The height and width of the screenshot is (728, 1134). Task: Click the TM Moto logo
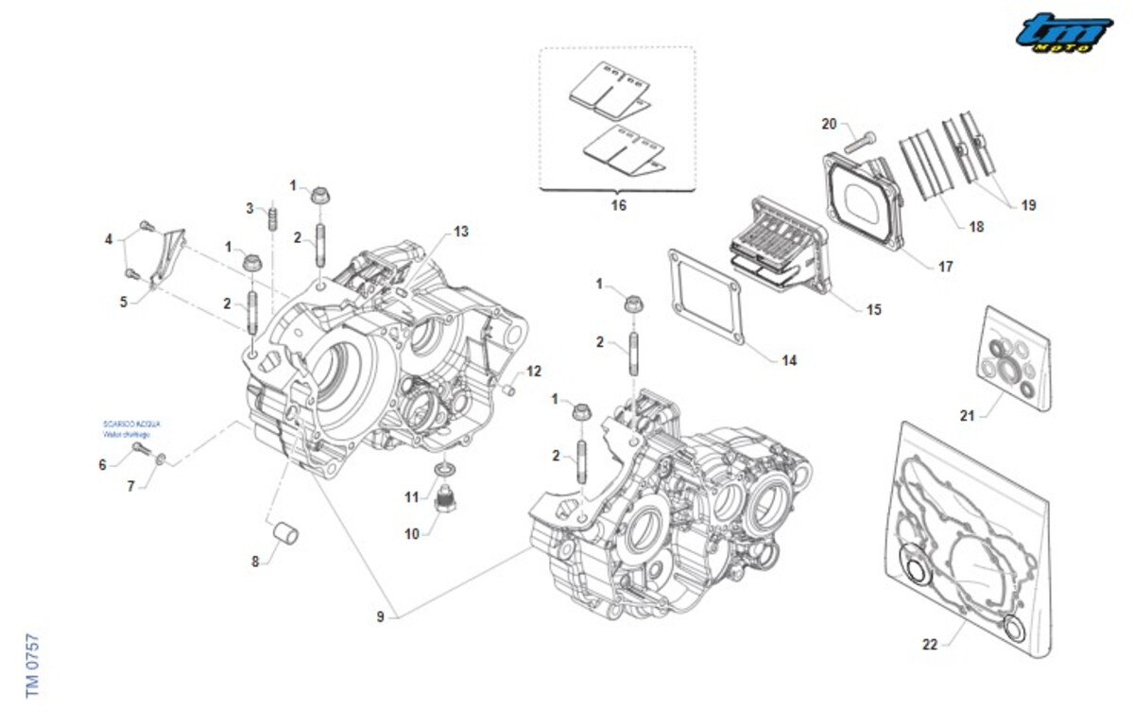1064,33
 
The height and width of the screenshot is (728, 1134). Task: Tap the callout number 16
618,204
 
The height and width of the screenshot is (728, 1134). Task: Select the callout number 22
930,645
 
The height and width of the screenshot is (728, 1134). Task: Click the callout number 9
380,617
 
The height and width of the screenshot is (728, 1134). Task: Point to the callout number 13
460,231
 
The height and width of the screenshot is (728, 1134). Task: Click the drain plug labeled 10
440,497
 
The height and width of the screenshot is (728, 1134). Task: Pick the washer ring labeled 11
443,470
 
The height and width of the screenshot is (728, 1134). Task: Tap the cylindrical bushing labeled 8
283,532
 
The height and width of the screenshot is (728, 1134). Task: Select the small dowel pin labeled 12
508,389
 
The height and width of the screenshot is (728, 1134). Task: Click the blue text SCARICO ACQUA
127,425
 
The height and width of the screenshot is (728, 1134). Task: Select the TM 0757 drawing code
34,666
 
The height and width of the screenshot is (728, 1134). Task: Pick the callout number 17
945,267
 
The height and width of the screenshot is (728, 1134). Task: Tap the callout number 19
1028,204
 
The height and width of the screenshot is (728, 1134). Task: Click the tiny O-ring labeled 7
161,459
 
